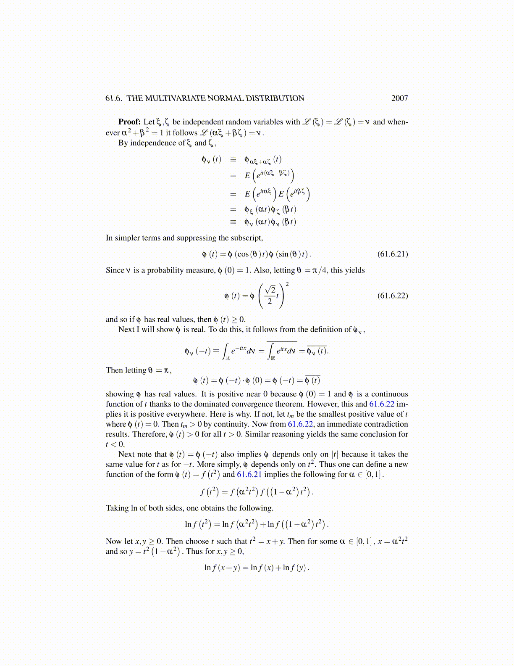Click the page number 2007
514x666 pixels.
pyautogui.click(x=399, y=98)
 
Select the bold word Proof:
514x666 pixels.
pyautogui.click(x=129, y=122)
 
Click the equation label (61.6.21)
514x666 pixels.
pyautogui.click(x=393, y=254)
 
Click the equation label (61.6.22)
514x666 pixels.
pyautogui.click(x=393, y=295)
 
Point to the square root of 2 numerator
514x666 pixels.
pyautogui.click(x=270, y=290)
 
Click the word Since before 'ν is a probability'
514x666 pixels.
pyautogui.click(x=115, y=270)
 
